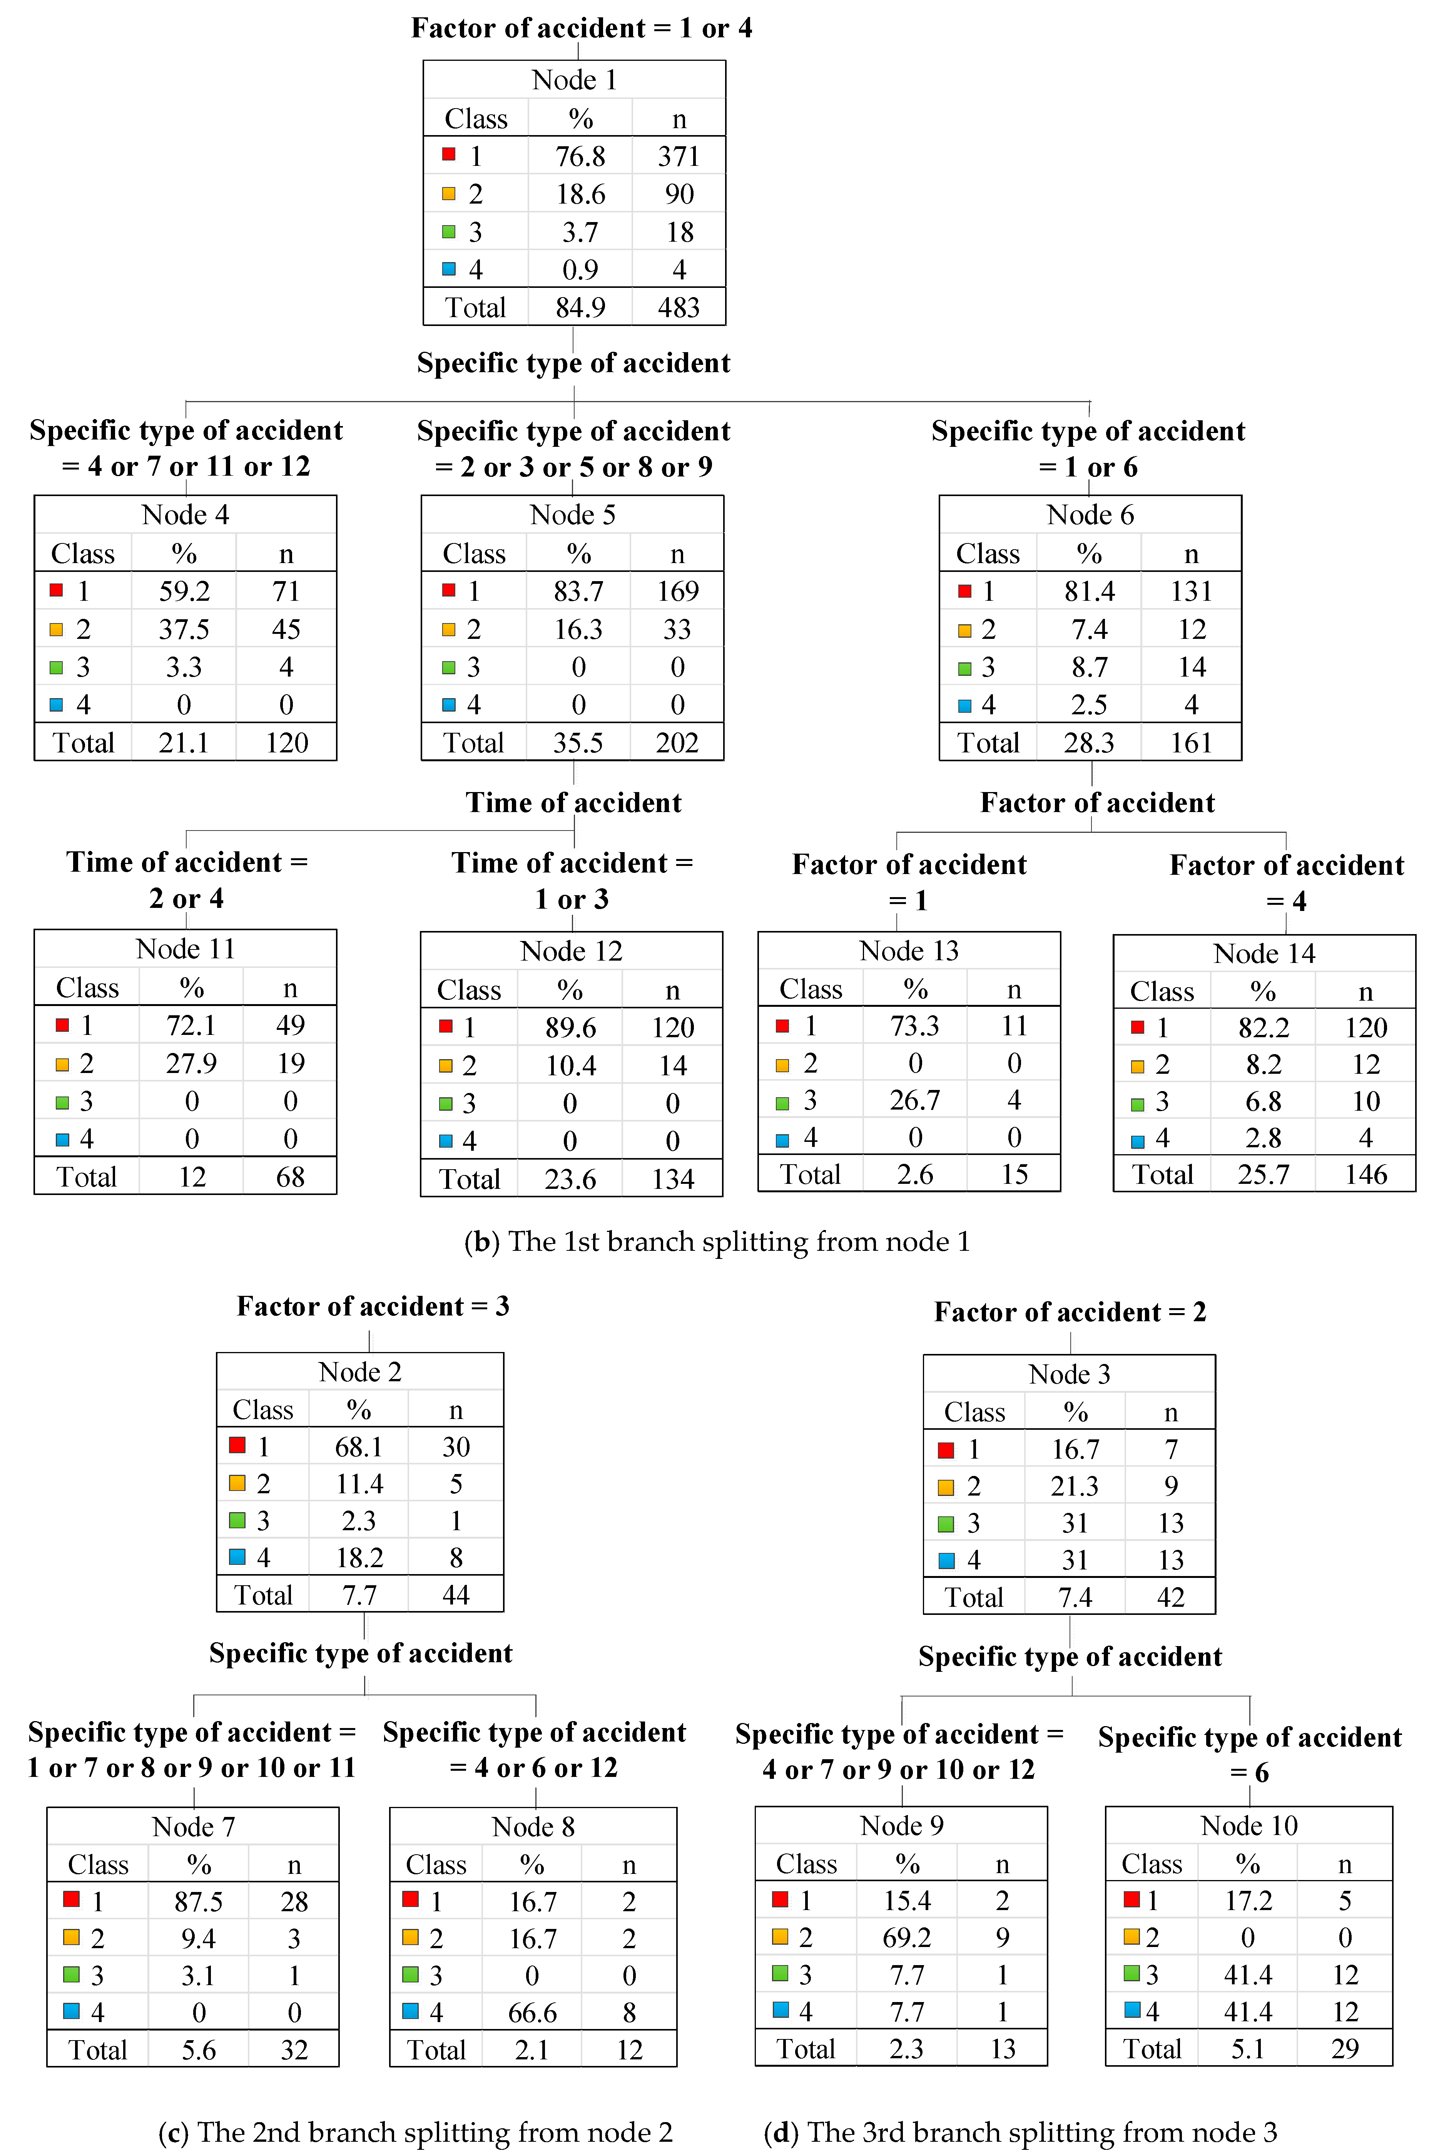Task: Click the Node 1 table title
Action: (574, 80)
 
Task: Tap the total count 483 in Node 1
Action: (679, 307)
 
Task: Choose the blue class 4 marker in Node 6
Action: (964, 705)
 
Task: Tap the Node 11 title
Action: (186, 949)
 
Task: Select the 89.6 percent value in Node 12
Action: (571, 1028)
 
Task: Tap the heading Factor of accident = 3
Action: (373, 1306)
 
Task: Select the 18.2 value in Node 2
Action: (359, 1557)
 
